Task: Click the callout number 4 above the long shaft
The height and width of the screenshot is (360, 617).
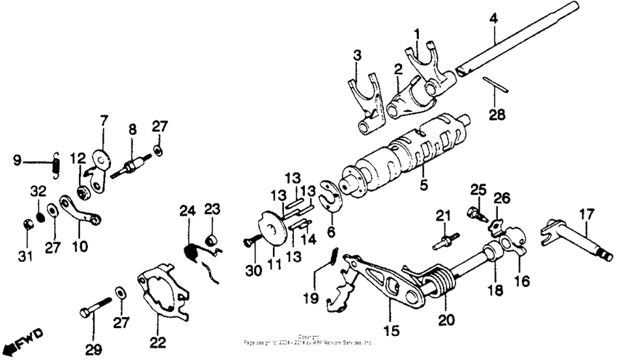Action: [x=493, y=17]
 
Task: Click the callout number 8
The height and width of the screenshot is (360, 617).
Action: [x=132, y=131]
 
